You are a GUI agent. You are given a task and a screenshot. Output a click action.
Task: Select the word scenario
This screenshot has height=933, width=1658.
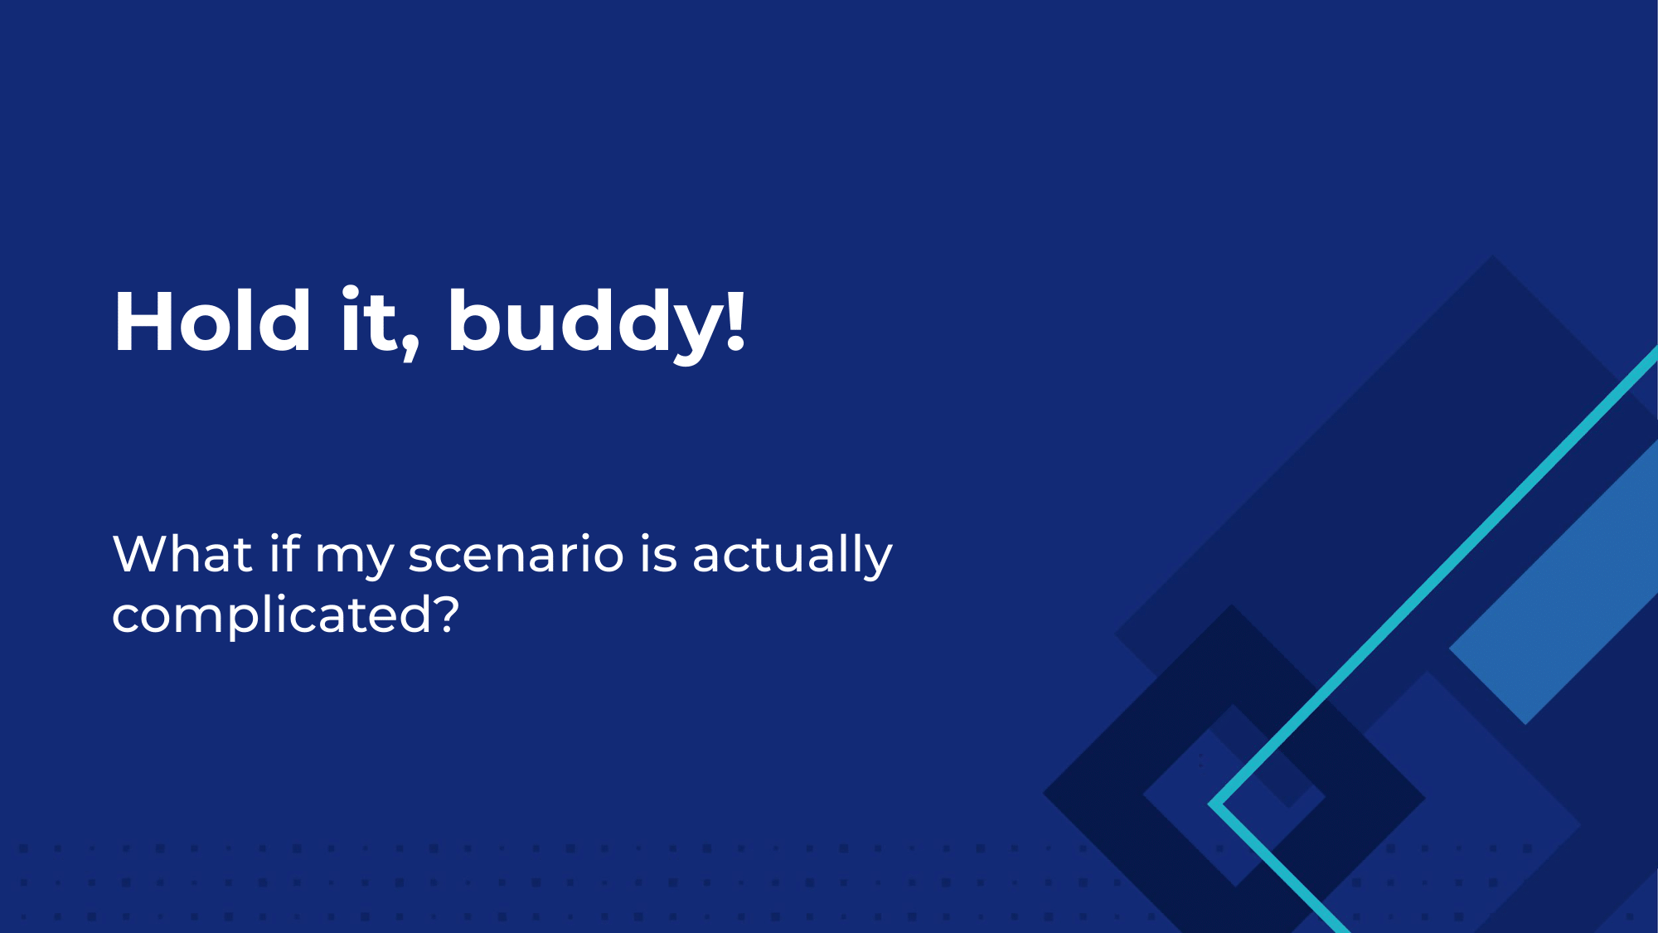(516, 555)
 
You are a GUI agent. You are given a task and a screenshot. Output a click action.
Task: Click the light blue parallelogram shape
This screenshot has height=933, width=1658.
(1554, 582)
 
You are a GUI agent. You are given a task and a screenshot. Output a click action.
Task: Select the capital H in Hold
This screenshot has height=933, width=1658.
(143, 322)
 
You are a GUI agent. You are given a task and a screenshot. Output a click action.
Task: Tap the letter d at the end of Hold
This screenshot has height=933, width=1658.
(284, 320)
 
